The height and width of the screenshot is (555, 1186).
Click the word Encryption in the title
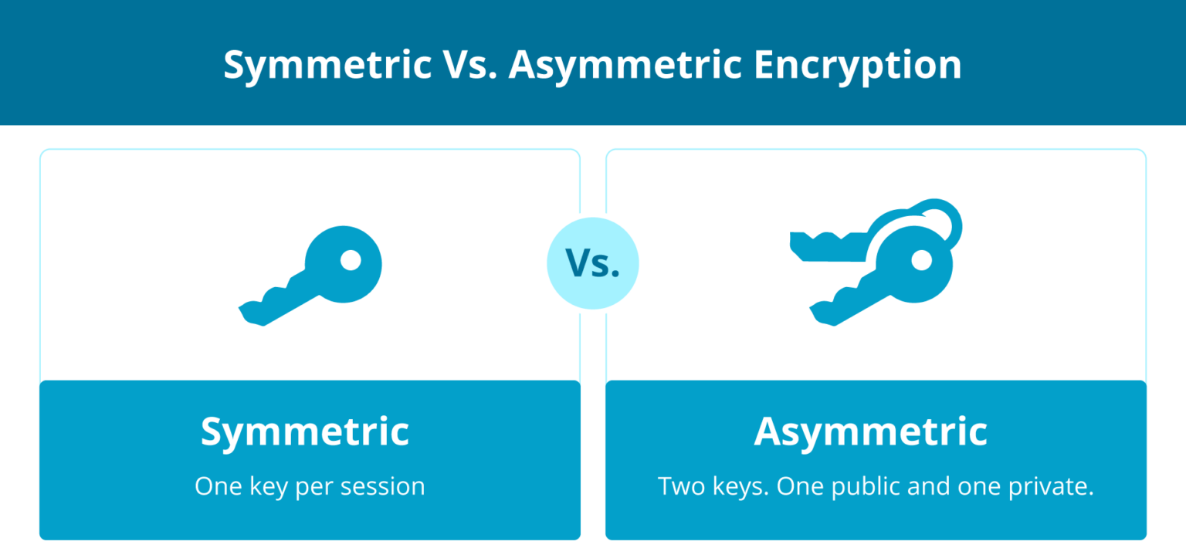[x=857, y=65]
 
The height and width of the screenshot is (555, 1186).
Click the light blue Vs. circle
[x=592, y=264]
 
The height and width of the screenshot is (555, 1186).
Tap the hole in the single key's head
[x=351, y=261]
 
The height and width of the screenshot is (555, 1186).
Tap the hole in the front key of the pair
[x=920, y=261]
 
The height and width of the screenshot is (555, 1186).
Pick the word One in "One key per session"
[x=215, y=486]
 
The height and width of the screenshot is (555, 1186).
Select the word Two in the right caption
[x=678, y=486]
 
